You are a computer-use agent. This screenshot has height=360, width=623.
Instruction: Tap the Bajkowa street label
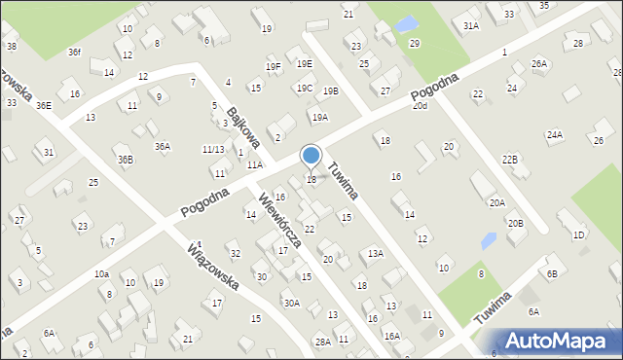pos(243,127)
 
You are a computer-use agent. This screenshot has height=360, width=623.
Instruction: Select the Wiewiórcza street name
pos(280,218)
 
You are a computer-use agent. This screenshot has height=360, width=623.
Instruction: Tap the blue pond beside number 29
pos(407,23)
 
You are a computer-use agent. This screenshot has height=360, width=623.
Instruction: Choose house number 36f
pos(75,52)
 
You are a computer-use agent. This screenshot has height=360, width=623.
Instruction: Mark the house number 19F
pos(273,66)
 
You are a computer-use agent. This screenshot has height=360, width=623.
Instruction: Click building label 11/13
pos(213,149)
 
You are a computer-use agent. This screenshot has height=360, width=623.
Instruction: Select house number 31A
pos(471,26)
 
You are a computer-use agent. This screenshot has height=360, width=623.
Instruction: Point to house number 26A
pos(539,63)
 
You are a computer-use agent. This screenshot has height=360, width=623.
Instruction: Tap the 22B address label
pos(510,159)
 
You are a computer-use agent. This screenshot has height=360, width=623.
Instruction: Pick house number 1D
pos(579,234)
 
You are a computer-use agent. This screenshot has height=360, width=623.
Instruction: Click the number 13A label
pos(375,253)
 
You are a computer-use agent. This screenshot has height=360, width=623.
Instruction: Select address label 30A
pos(291,303)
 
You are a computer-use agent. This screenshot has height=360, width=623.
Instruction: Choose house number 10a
pos(101,274)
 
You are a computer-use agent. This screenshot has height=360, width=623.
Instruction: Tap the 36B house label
pos(126,160)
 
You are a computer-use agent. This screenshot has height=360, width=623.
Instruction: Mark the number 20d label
pos(420,105)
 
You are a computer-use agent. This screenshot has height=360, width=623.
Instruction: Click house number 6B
pos(552,274)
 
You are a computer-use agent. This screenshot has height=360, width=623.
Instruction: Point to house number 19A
pos(319,117)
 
